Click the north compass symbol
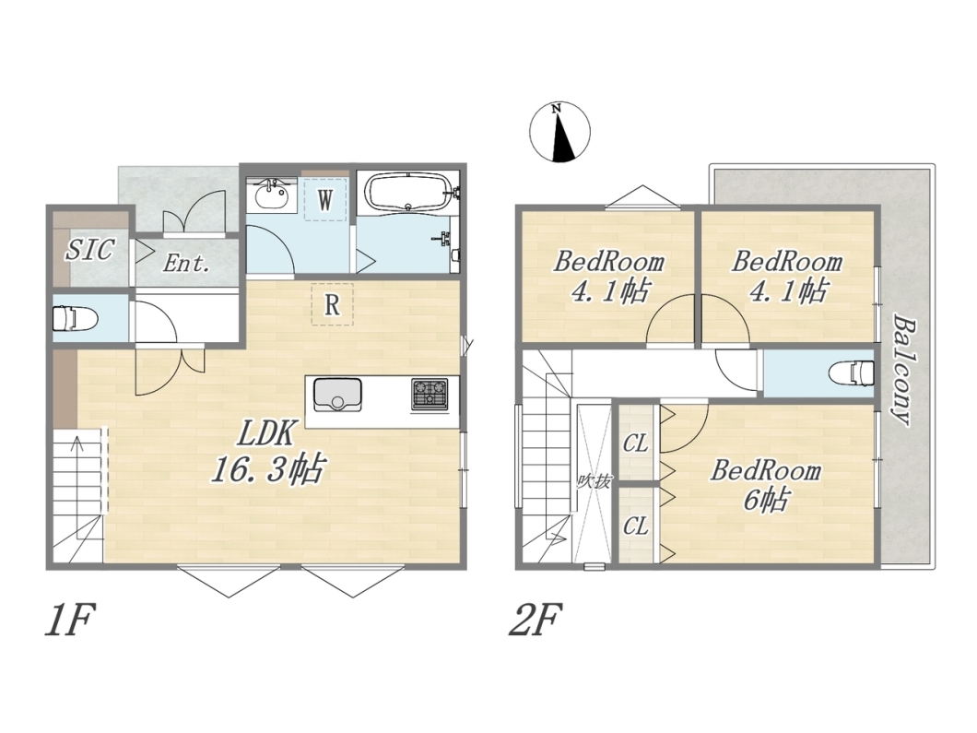tap(559, 132)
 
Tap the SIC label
tap(89, 249)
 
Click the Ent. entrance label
tap(185, 263)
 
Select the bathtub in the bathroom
tap(408, 193)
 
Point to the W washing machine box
tap(324, 199)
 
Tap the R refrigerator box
tap(332, 304)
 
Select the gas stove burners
tap(430, 394)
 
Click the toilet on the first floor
tap(75, 318)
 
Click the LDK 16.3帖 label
tap(268, 450)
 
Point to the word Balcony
tap(904, 371)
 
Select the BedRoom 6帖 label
tap(766, 485)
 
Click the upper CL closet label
tap(636, 443)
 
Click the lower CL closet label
tap(636, 526)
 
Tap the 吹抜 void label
tap(593, 481)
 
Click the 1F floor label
tap(70, 619)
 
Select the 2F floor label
tap(536, 619)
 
